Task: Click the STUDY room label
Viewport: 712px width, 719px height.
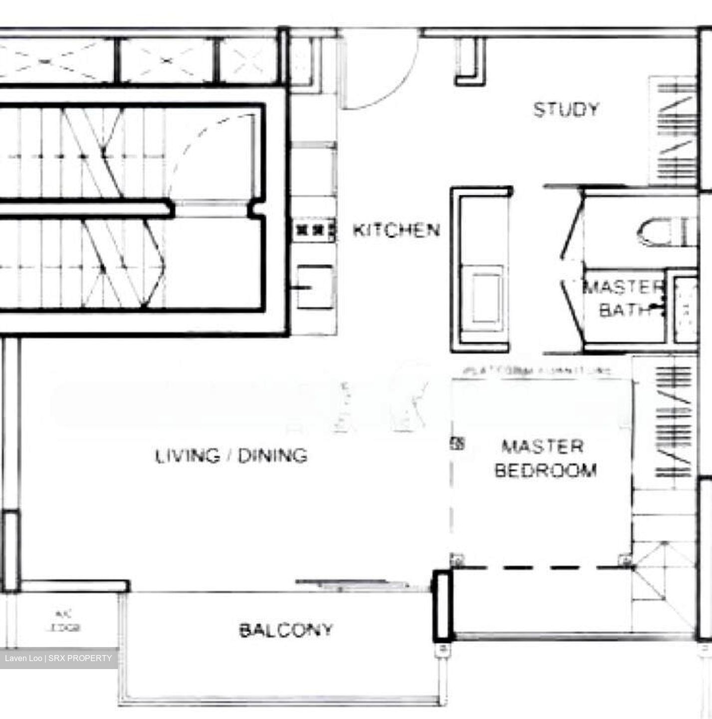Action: (566, 109)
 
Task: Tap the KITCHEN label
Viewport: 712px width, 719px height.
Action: (397, 230)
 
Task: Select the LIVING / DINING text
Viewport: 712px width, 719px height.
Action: (231, 456)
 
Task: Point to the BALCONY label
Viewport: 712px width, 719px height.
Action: (286, 630)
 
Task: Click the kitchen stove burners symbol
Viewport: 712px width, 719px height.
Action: (315, 230)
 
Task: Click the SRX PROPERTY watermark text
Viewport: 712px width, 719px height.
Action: (58, 659)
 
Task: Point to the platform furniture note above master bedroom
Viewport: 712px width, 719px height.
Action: (536, 371)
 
